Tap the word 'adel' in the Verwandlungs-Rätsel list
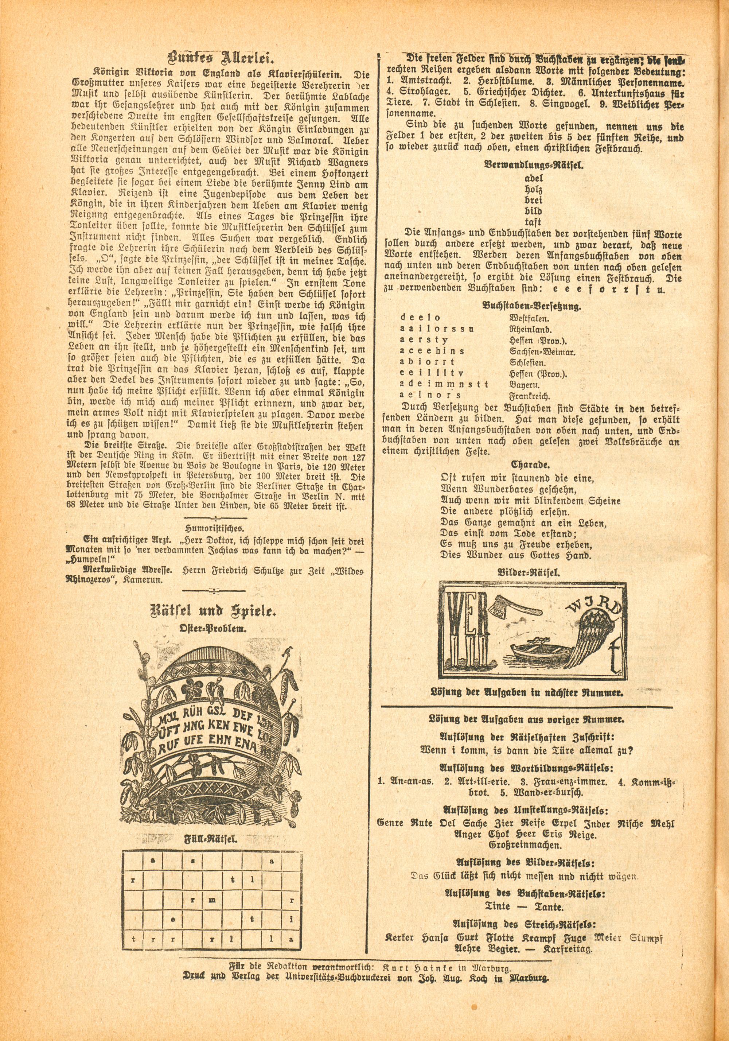pyautogui.click(x=533, y=178)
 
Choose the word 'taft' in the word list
pyautogui.click(x=533, y=222)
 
